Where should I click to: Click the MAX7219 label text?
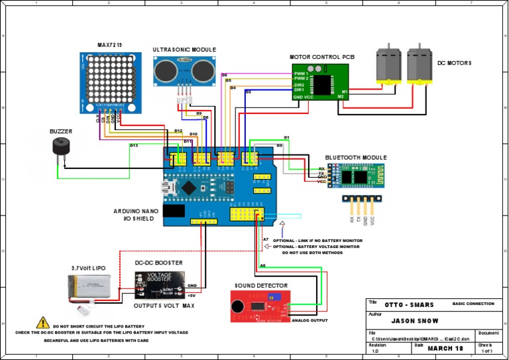point(109,45)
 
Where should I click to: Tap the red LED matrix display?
point(109,78)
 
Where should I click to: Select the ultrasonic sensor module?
point(184,70)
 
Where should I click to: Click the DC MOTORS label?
point(454,63)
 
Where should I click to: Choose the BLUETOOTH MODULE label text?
point(355,158)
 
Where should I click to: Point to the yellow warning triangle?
point(44,323)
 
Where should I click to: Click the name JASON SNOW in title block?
point(412,320)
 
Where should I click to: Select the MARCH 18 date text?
point(445,348)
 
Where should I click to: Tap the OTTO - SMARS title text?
point(409,305)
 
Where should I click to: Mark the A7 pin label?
point(265,239)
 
